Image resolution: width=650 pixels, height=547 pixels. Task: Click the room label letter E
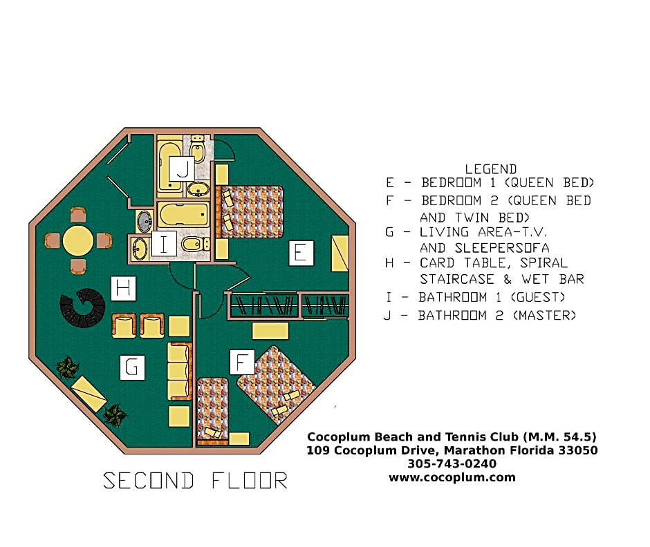click(301, 253)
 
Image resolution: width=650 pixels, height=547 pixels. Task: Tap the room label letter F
click(242, 363)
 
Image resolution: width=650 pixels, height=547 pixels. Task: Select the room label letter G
click(132, 367)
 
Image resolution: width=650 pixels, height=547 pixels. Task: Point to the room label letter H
click(124, 288)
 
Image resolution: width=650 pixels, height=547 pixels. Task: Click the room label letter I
click(164, 244)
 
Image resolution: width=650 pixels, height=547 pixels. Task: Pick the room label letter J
click(182, 169)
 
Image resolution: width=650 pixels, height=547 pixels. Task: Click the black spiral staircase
click(82, 307)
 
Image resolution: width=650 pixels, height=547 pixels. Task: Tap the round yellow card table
click(78, 240)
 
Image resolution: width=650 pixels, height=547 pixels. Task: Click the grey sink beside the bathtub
click(145, 221)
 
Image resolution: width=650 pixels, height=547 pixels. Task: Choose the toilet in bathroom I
click(195, 244)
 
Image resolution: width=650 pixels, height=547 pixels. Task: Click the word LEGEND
click(491, 169)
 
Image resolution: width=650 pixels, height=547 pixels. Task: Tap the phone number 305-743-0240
click(452, 463)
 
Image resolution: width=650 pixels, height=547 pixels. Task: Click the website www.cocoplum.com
click(452, 477)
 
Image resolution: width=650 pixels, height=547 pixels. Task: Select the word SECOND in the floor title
click(149, 481)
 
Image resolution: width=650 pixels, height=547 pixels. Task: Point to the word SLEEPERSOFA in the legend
click(502, 248)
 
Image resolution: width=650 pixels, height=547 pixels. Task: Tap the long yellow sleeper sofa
click(180, 371)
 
